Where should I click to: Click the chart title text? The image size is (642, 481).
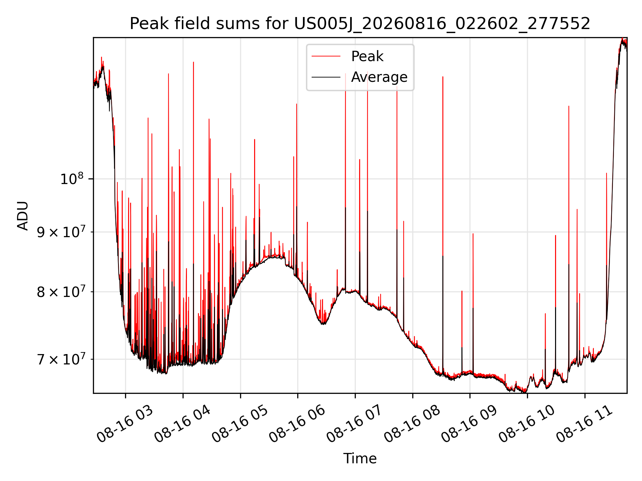pos(360,24)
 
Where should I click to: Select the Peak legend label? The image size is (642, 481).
pos(367,56)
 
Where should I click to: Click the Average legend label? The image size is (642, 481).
pos(379,77)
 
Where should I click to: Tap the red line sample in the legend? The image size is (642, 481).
pos(326,56)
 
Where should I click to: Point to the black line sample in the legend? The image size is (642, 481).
pos(326,77)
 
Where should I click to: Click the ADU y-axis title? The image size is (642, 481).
pos(23,215)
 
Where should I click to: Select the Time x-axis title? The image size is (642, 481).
pos(360,459)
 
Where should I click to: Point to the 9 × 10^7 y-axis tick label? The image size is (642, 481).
pos(61,232)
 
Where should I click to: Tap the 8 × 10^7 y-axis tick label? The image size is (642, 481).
pos(61,292)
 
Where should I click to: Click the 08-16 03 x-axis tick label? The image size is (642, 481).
pos(124,424)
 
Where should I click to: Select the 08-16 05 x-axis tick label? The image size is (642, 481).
pos(239,424)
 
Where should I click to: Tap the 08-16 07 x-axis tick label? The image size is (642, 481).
pos(354,424)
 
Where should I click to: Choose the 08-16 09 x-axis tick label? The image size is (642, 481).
pos(469,424)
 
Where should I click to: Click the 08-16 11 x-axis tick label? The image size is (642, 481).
pos(584,424)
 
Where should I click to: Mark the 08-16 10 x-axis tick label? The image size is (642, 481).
pos(526,424)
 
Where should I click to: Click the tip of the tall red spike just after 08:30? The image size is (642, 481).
pos(443,77)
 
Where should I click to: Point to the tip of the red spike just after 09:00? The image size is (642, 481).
pos(473,233)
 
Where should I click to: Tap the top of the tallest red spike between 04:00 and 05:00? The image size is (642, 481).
pos(193,62)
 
